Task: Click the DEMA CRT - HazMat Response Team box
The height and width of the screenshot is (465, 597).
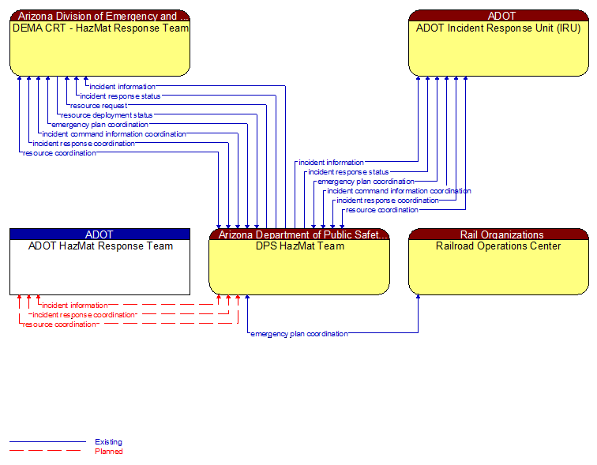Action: point(99,49)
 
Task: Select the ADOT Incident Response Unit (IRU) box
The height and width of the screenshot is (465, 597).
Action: point(498,49)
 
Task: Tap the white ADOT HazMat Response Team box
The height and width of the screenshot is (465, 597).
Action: point(99,267)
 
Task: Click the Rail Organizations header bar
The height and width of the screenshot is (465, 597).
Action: point(498,234)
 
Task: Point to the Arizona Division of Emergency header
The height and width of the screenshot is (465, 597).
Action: point(99,16)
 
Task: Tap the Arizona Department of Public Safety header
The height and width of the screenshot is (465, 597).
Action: point(299,234)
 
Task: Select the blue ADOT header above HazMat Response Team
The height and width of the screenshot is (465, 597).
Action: point(99,234)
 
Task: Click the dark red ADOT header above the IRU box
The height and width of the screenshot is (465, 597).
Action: point(498,16)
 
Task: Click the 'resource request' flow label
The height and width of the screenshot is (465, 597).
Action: point(99,106)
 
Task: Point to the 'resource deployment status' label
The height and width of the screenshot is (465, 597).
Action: point(107,115)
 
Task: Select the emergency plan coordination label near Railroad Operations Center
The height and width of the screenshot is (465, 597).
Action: point(299,334)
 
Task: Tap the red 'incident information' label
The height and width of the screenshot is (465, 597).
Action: point(75,306)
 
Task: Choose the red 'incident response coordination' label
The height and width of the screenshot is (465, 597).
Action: point(84,315)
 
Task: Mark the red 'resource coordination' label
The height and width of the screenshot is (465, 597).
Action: point(59,324)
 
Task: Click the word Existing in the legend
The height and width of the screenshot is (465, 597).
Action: point(108,442)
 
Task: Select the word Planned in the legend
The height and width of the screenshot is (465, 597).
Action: point(108,452)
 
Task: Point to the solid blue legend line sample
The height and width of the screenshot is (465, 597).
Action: point(47,442)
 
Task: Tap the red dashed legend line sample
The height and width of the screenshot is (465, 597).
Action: point(47,451)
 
